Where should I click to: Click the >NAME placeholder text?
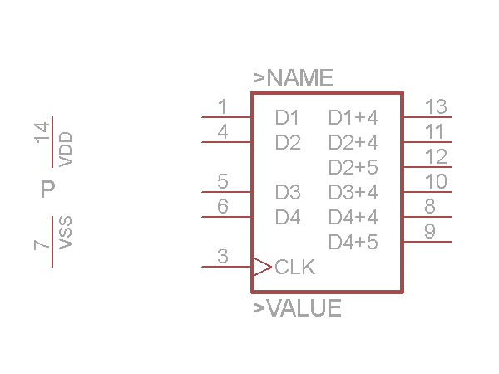(x=293, y=79)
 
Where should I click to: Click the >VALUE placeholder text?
(x=297, y=308)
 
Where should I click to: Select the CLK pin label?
(x=294, y=268)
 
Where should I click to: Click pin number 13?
(x=436, y=106)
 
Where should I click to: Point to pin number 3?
(x=222, y=256)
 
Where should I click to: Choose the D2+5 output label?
(x=353, y=167)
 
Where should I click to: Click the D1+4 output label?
(x=353, y=117)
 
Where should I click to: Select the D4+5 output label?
(x=353, y=243)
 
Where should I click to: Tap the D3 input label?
(x=287, y=193)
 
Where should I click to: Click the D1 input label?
(x=287, y=117)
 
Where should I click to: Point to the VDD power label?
(x=67, y=148)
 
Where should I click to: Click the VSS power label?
(x=67, y=232)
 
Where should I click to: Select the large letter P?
(x=48, y=190)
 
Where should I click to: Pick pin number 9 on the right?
(x=429, y=231)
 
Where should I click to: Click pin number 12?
(x=436, y=156)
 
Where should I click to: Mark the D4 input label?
(x=287, y=218)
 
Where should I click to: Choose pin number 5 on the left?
(x=222, y=181)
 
